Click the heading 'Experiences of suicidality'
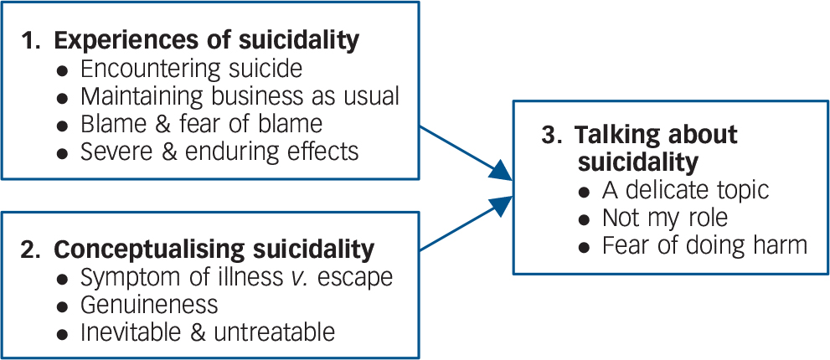pos(207,39)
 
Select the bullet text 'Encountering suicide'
pos(191,69)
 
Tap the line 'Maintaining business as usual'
pos(240,96)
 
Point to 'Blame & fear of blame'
pos(201,124)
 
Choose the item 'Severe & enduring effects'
pos(219,152)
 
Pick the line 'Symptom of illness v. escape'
pos(237,276)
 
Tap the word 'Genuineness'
pos(149,304)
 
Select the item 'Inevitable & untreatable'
pos(208,332)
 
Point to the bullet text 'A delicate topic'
pos(685,190)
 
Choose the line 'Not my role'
pos(665,218)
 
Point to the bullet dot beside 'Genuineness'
pos(63,306)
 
